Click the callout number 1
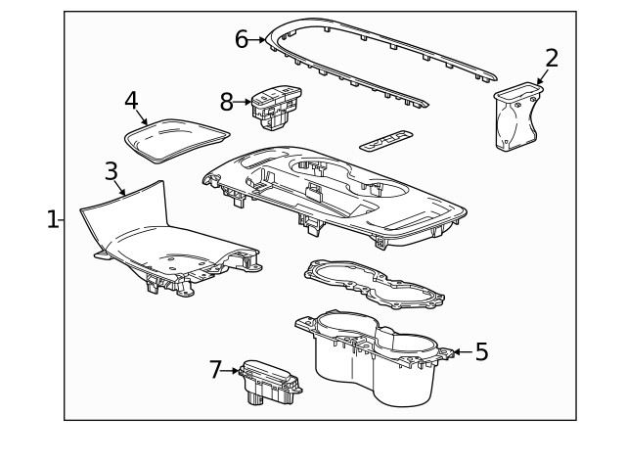pos(53,219)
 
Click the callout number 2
pos(552,59)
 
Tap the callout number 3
pos(112,171)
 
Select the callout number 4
pos(131,100)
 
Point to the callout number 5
pos(481,352)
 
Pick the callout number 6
pos(242,39)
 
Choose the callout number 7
pos(216,370)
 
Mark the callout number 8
pos(227,101)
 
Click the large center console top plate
pos(333,191)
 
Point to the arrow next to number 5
pos(459,352)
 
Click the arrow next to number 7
pos(232,371)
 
